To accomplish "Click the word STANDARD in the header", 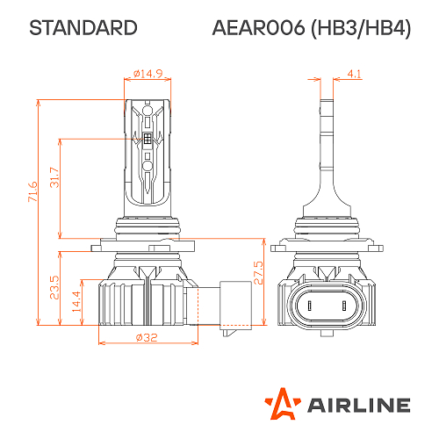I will click(83, 28).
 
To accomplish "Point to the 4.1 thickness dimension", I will click(354, 74).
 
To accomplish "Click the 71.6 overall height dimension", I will click(32, 191).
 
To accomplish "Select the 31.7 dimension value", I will click(54, 179).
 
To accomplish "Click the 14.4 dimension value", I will click(76, 298).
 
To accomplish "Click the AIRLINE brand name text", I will click(357, 405).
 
